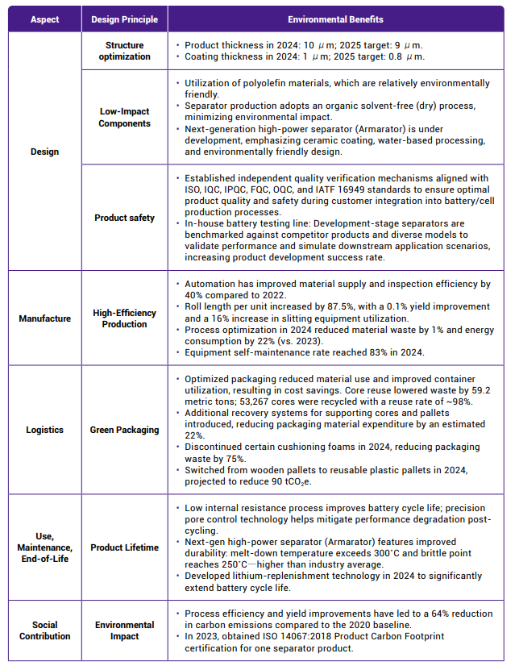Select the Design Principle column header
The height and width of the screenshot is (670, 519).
[x=124, y=19]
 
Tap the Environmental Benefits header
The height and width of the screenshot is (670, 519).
[x=335, y=19]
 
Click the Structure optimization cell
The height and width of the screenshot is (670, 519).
[x=124, y=51]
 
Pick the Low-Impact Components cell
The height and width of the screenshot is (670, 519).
[x=124, y=117]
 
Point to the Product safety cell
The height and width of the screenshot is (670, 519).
[x=124, y=218]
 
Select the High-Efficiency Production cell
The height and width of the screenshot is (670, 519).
[x=124, y=318]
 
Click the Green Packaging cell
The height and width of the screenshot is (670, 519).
[x=124, y=430]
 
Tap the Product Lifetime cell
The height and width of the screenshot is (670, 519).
[x=124, y=547]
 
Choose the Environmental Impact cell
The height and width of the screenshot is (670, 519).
[x=124, y=630]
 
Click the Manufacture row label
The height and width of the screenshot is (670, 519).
[x=44, y=318]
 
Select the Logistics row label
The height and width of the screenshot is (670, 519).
[x=44, y=430]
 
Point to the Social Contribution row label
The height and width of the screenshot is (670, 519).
[x=44, y=630]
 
